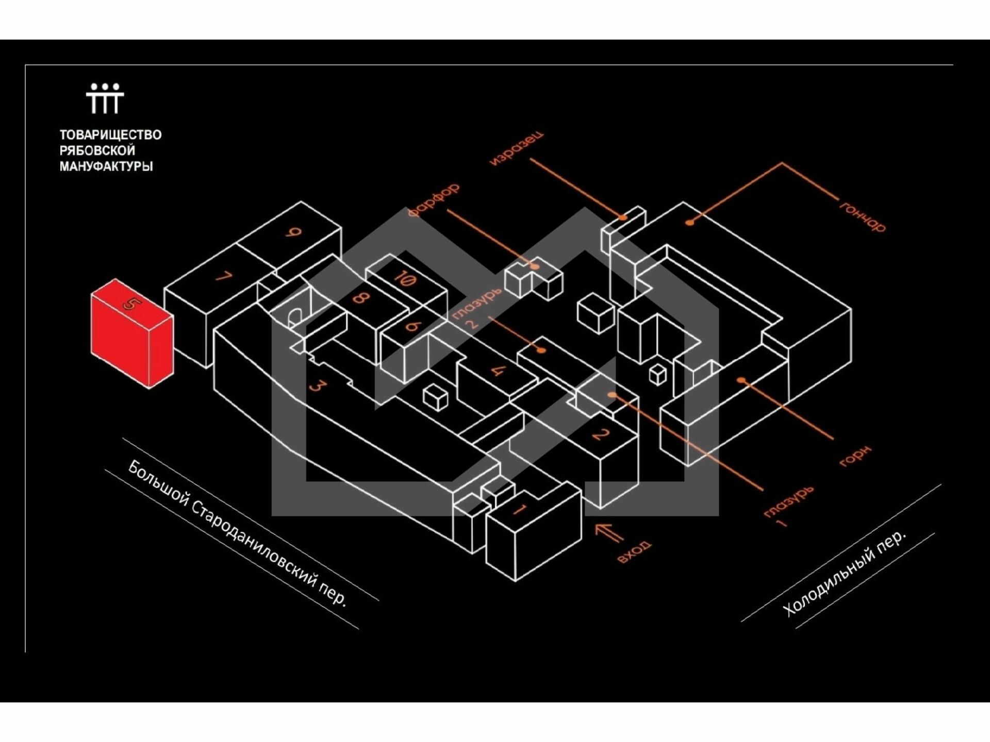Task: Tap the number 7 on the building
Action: (x=224, y=277)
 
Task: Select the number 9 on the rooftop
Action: (x=293, y=232)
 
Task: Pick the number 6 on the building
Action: (x=414, y=326)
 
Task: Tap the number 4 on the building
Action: (x=498, y=370)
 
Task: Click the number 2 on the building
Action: (x=599, y=434)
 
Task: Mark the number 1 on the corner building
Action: (x=519, y=510)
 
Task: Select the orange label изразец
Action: (x=516, y=148)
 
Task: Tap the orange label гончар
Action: (x=863, y=216)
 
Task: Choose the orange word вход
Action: (x=634, y=552)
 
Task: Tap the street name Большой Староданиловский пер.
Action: (x=237, y=533)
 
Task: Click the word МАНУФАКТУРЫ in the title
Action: (x=106, y=166)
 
